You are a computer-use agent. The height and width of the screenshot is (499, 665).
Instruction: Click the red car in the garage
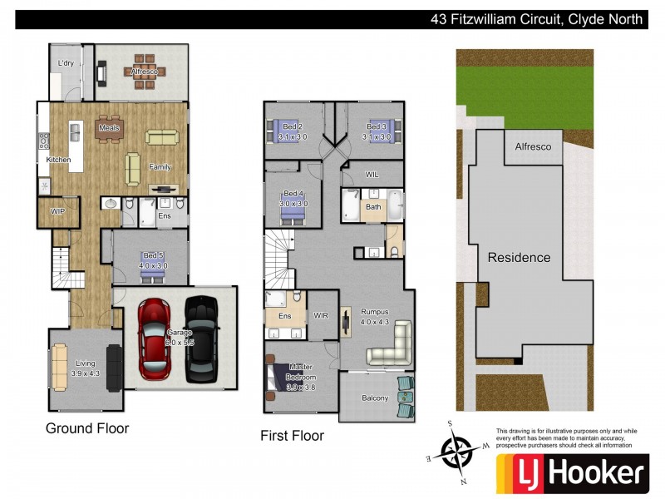(x=153, y=337)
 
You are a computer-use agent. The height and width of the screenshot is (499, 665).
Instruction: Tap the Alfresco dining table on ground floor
(x=144, y=72)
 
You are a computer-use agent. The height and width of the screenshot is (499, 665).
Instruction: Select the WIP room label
(x=57, y=212)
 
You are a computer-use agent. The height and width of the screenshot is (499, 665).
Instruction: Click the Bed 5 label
(x=150, y=255)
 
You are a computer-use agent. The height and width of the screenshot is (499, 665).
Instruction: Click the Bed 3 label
(x=376, y=126)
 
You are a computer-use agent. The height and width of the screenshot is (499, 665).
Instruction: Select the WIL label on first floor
(x=372, y=175)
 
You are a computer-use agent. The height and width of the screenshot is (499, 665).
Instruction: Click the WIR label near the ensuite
(x=322, y=316)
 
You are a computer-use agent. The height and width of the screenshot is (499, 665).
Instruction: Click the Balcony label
(x=375, y=398)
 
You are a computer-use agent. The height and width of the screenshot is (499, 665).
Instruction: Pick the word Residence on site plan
(x=519, y=257)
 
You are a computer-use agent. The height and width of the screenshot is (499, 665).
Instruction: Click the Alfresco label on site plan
(x=533, y=146)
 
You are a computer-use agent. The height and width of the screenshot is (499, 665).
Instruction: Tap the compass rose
(x=456, y=452)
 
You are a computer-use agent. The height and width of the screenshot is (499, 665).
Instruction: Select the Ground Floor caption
(x=87, y=429)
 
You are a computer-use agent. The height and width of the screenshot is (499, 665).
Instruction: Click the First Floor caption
(x=292, y=435)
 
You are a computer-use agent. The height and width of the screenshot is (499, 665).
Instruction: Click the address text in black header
(x=536, y=19)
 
